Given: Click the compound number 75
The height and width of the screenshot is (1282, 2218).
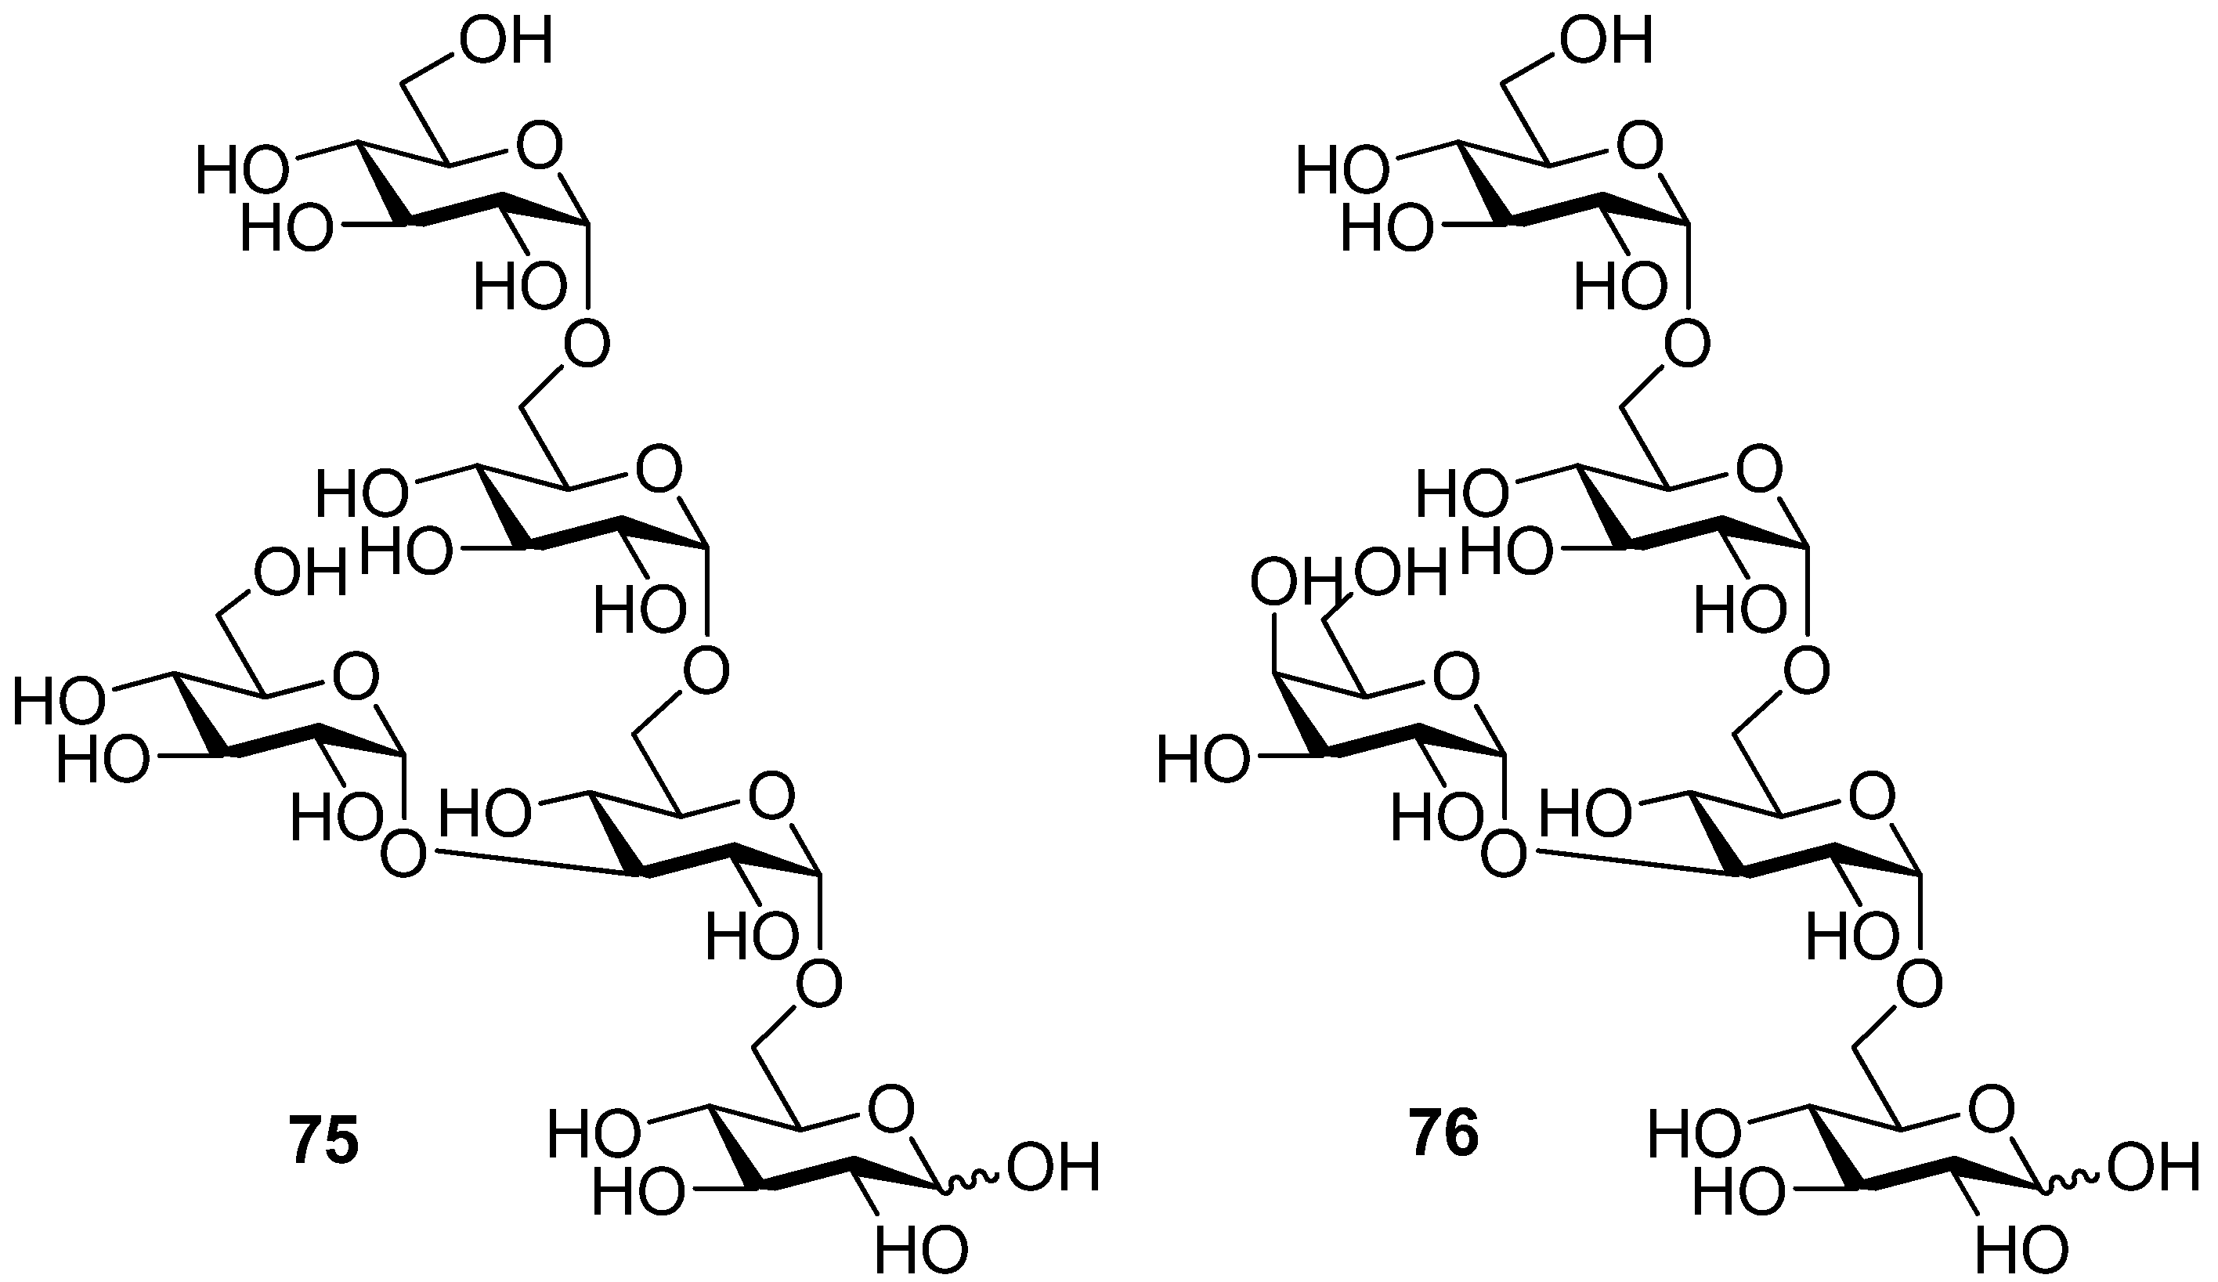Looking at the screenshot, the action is [324, 1134].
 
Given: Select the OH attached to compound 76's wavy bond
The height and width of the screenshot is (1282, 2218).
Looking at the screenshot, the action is [2154, 1168].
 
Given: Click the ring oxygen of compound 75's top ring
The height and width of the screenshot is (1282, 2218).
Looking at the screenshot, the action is [539, 146].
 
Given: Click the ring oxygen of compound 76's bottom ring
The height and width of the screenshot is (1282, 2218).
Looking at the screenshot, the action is [1991, 1110].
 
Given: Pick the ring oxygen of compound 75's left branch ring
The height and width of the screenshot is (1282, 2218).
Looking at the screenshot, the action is [356, 676].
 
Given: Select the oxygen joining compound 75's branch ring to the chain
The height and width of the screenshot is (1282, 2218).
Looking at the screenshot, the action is [403, 854].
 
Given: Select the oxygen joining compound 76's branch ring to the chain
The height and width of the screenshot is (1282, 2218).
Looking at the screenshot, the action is [1503, 854].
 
